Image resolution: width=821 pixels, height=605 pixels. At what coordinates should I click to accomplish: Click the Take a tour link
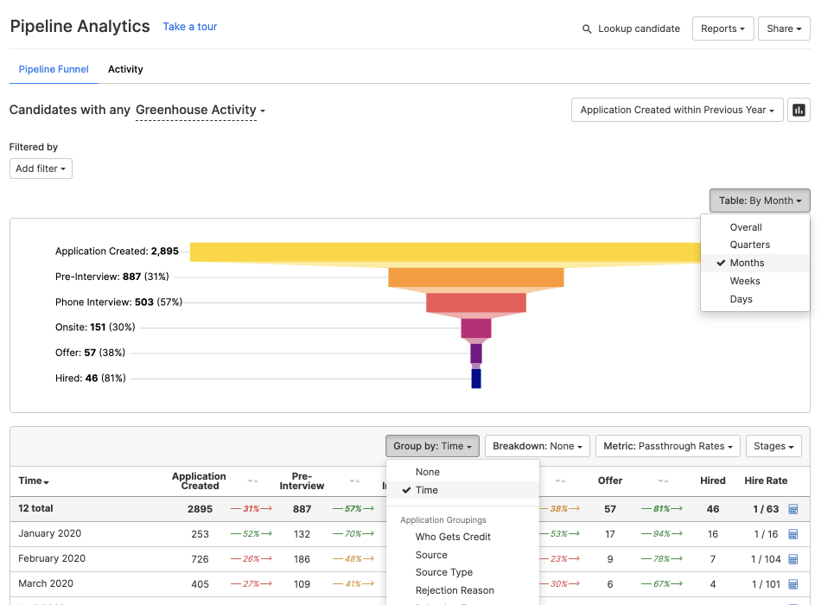coord(189,27)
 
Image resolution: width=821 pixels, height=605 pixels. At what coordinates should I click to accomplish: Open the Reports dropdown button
coord(722,29)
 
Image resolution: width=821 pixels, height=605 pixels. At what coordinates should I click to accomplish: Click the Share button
coord(784,29)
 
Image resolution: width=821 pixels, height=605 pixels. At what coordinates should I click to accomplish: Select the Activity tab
coord(125,69)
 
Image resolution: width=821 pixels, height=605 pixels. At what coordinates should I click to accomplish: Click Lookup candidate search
coord(631,29)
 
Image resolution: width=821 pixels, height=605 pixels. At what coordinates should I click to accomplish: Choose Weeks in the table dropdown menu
coord(745,281)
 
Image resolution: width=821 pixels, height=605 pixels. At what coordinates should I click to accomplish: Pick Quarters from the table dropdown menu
coord(749,245)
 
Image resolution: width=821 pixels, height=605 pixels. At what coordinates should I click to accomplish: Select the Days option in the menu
coord(741,299)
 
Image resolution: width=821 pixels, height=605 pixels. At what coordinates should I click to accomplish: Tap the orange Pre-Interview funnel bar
coord(475,277)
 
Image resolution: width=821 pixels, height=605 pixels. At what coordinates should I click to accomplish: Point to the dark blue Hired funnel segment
coord(475,379)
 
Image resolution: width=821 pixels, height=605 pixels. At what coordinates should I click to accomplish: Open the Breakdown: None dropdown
coord(537,446)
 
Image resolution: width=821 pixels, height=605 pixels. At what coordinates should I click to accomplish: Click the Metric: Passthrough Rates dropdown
coord(668,446)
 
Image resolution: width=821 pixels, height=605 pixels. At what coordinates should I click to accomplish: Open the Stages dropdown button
coord(773,446)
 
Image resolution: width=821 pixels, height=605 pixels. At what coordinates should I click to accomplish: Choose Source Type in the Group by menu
coord(443,572)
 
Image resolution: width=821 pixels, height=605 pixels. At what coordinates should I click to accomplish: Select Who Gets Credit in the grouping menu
coord(453,537)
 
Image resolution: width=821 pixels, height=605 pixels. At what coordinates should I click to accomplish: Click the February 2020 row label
coord(52,558)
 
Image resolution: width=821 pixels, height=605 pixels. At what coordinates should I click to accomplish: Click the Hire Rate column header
coord(765,481)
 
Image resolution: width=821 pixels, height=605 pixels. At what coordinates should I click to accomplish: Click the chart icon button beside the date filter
coord(799,110)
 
